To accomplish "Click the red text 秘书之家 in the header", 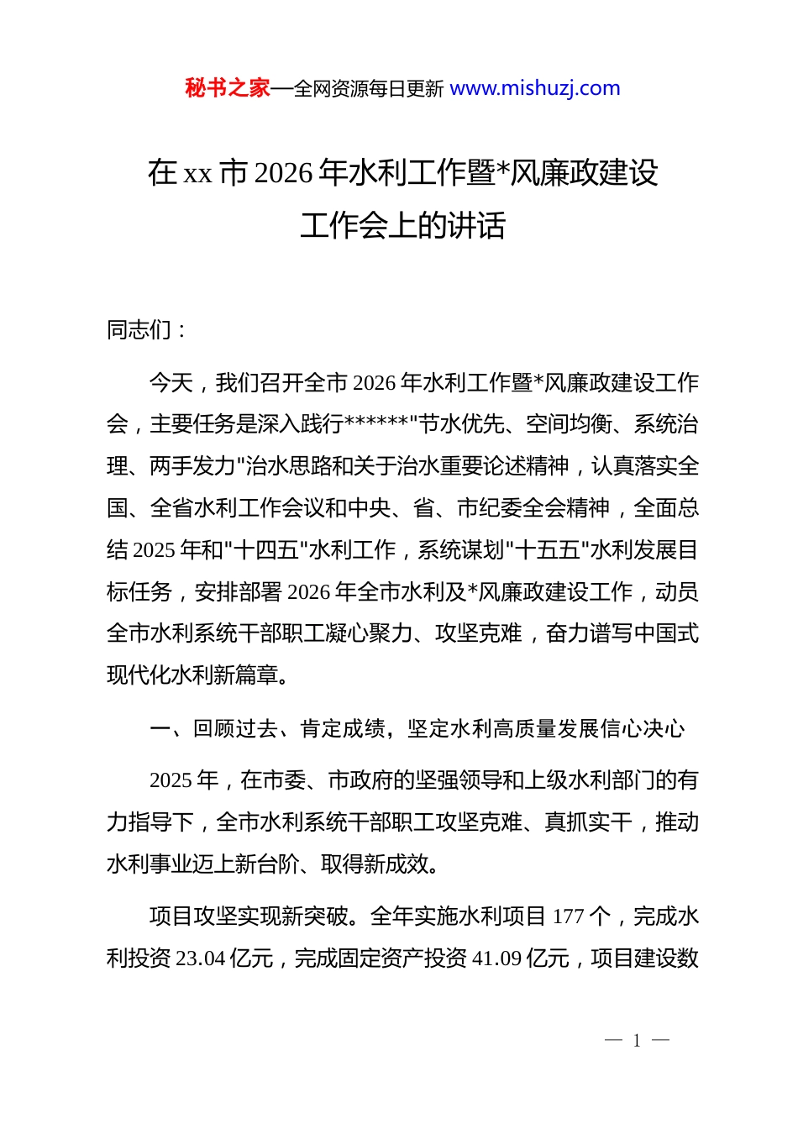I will pos(228,88).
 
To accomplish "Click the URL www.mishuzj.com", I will pos(535,88).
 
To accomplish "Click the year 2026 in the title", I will pos(283,173).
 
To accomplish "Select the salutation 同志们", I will pos(139,330).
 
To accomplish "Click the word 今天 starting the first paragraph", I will pos(171,383).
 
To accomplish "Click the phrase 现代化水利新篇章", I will pos(192,675).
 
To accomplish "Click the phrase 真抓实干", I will pos(587,822).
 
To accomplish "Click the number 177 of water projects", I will pos(568,916).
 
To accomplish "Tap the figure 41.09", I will pos(496,958).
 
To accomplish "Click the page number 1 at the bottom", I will pos(637,1041).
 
